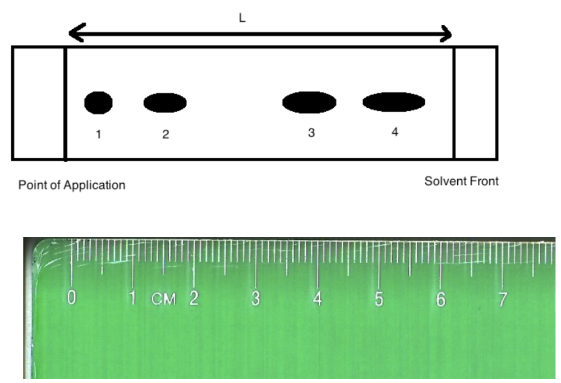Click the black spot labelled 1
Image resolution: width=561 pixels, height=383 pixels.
98,103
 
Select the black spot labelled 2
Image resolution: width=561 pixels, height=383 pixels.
165,103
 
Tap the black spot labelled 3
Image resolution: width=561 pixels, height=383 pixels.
309,102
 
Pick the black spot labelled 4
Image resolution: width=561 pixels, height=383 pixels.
394,102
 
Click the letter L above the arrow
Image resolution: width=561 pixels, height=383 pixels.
242,17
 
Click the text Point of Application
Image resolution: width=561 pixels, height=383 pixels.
72,185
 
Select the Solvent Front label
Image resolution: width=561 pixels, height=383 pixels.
462,181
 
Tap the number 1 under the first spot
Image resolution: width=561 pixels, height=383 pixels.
98,134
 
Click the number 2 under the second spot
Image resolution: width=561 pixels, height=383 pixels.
165,134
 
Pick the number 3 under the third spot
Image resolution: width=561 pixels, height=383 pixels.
311,133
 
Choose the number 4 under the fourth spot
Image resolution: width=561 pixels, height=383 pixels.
394,132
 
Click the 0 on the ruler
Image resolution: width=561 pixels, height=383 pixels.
72,298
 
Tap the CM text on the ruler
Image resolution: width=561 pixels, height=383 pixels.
164,299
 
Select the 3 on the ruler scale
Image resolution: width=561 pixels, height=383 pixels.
255,298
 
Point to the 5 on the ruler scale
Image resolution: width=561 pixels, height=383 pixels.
379,299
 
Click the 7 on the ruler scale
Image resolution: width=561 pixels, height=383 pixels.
503,299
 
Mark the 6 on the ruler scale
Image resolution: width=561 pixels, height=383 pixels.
441,299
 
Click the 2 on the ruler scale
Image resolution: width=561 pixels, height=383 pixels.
194,298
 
